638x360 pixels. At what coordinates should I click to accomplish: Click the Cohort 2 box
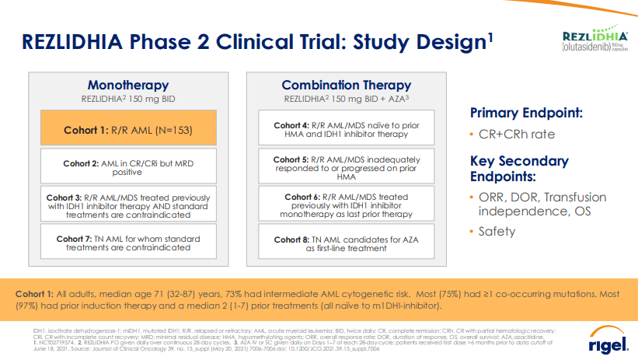127,168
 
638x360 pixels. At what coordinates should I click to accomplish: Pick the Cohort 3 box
127,204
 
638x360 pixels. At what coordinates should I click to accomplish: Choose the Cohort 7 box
127,242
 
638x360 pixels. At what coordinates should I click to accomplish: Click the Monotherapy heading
127,85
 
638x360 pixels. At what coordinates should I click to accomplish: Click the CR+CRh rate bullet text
518,134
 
